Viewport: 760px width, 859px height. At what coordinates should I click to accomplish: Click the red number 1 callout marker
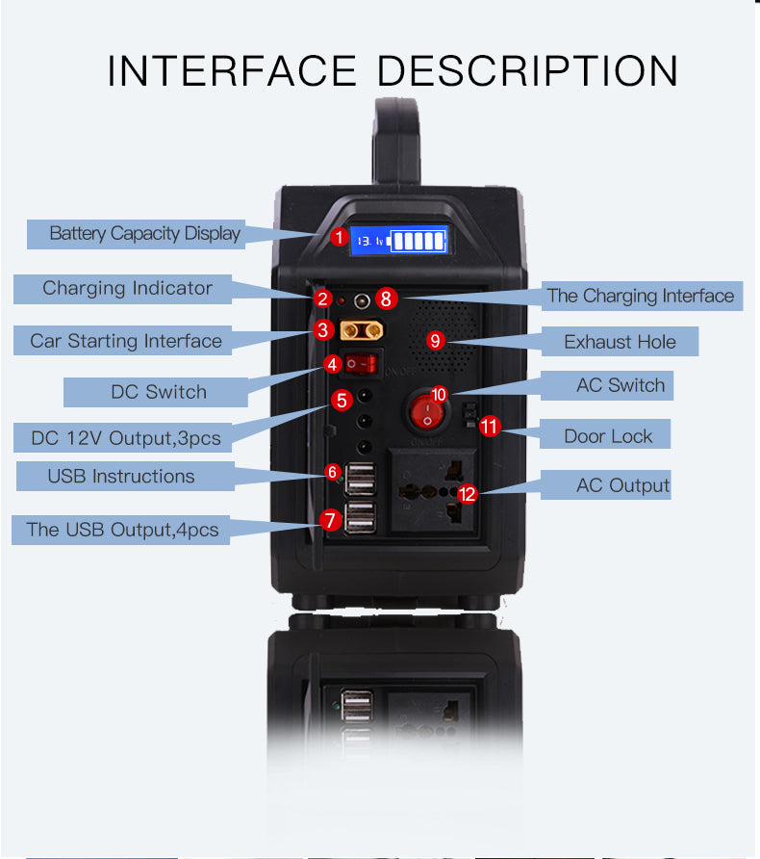point(340,237)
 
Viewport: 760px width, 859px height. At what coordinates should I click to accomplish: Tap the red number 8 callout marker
point(387,299)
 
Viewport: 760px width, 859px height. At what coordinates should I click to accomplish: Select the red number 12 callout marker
point(467,494)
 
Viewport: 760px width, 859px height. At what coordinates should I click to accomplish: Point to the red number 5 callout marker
point(342,401)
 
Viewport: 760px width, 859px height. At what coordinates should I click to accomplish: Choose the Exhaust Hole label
point(620,342)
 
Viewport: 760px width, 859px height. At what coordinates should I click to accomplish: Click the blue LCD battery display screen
point(399,240)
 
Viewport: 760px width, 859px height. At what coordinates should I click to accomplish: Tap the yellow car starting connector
point(362,330)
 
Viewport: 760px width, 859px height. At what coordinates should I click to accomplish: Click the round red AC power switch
point(427,411)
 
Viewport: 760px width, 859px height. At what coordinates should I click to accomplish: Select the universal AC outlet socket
point(432,490)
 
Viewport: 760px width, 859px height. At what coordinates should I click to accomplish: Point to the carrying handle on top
point(397,141)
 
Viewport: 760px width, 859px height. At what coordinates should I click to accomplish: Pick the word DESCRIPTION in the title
point(527,71)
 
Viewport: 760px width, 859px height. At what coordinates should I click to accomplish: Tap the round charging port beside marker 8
point(362,300)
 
